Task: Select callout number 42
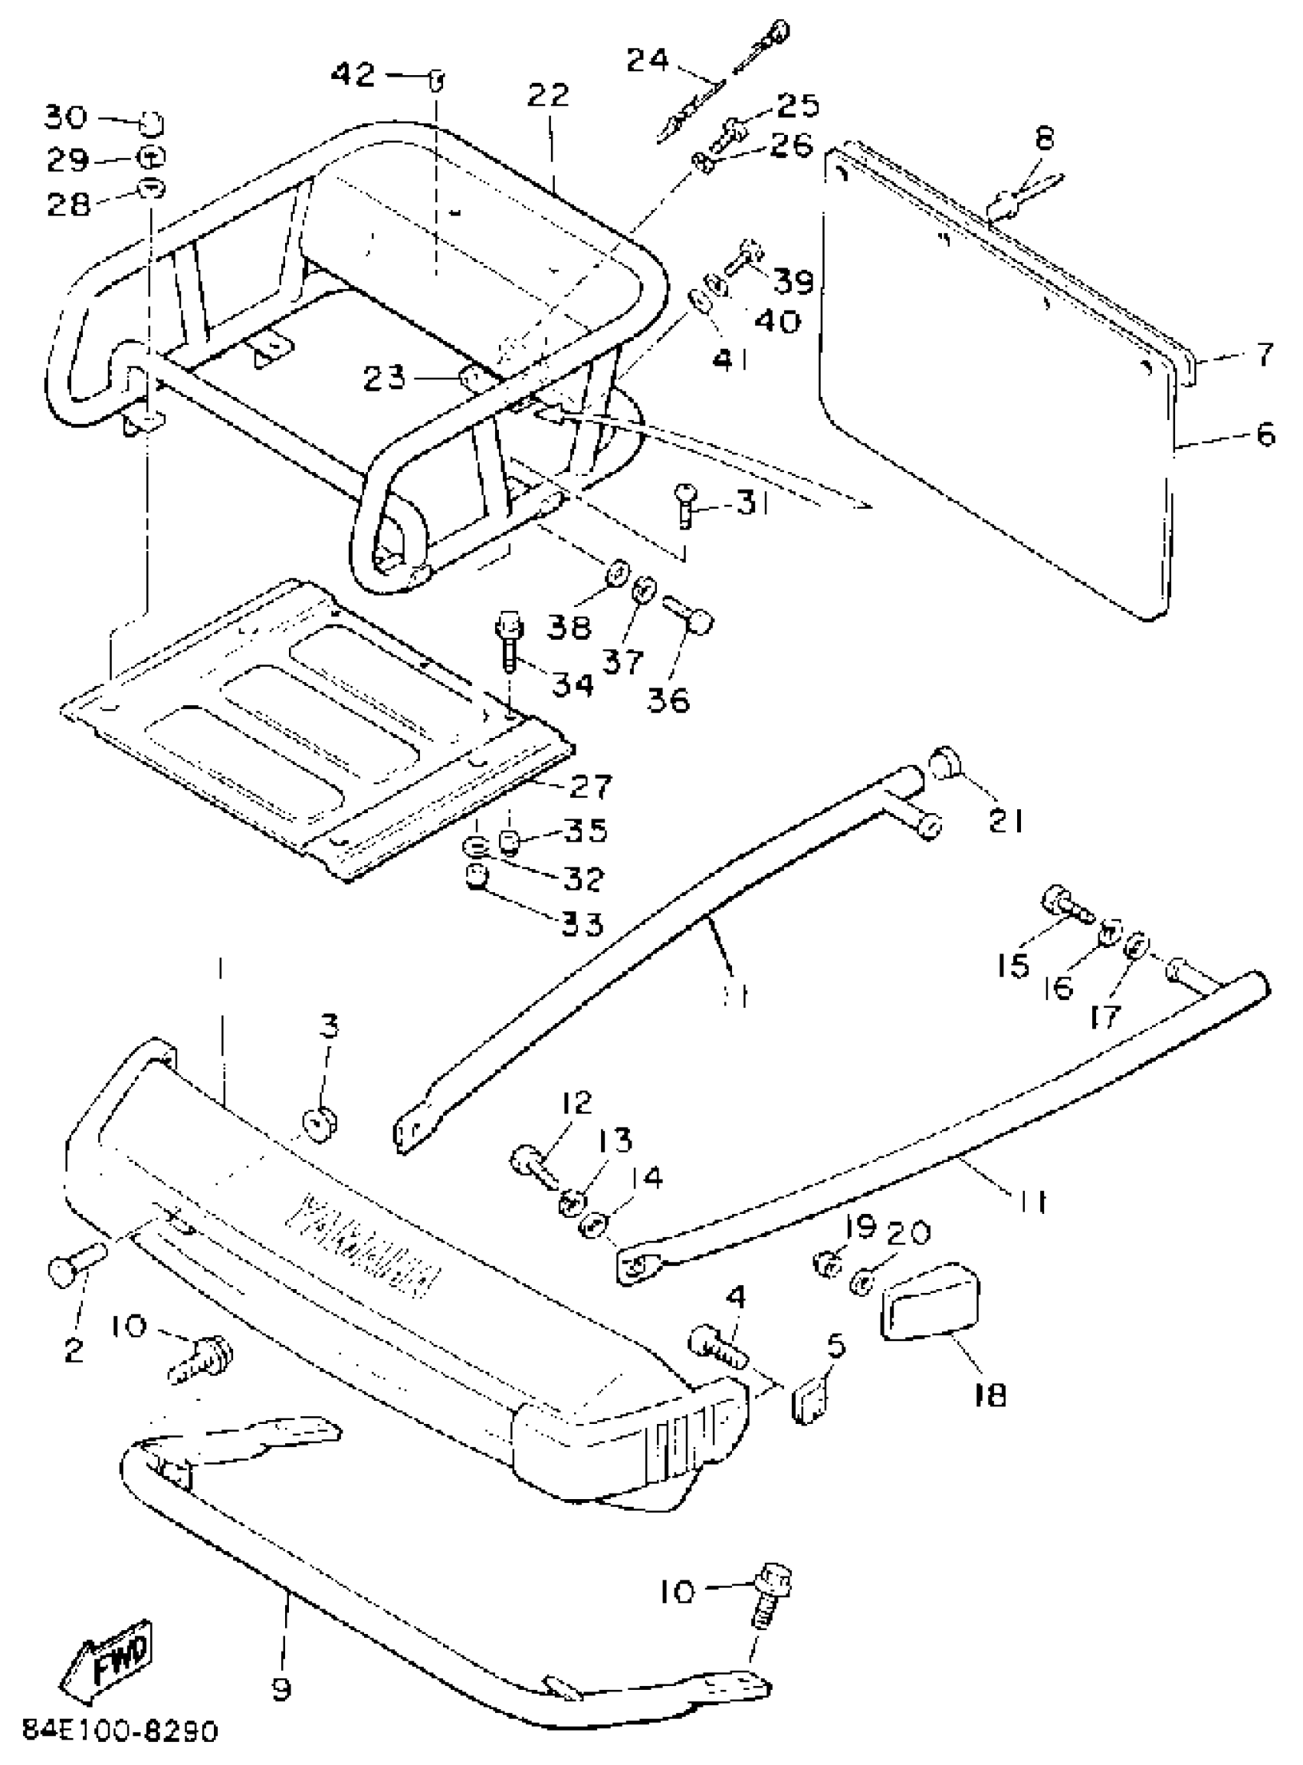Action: pyautogui.click(x=354, y=75)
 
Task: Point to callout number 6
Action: pyautogui.click(x=1264, y=434)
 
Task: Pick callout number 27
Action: pyautogui.click(x=590, y=786)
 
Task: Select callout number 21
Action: pyautogui.click(x=1006, y=822)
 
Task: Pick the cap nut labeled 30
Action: pyautogui.click(x=152, y=124)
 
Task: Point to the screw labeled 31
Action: pyautogui.click(x=683, y=505)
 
